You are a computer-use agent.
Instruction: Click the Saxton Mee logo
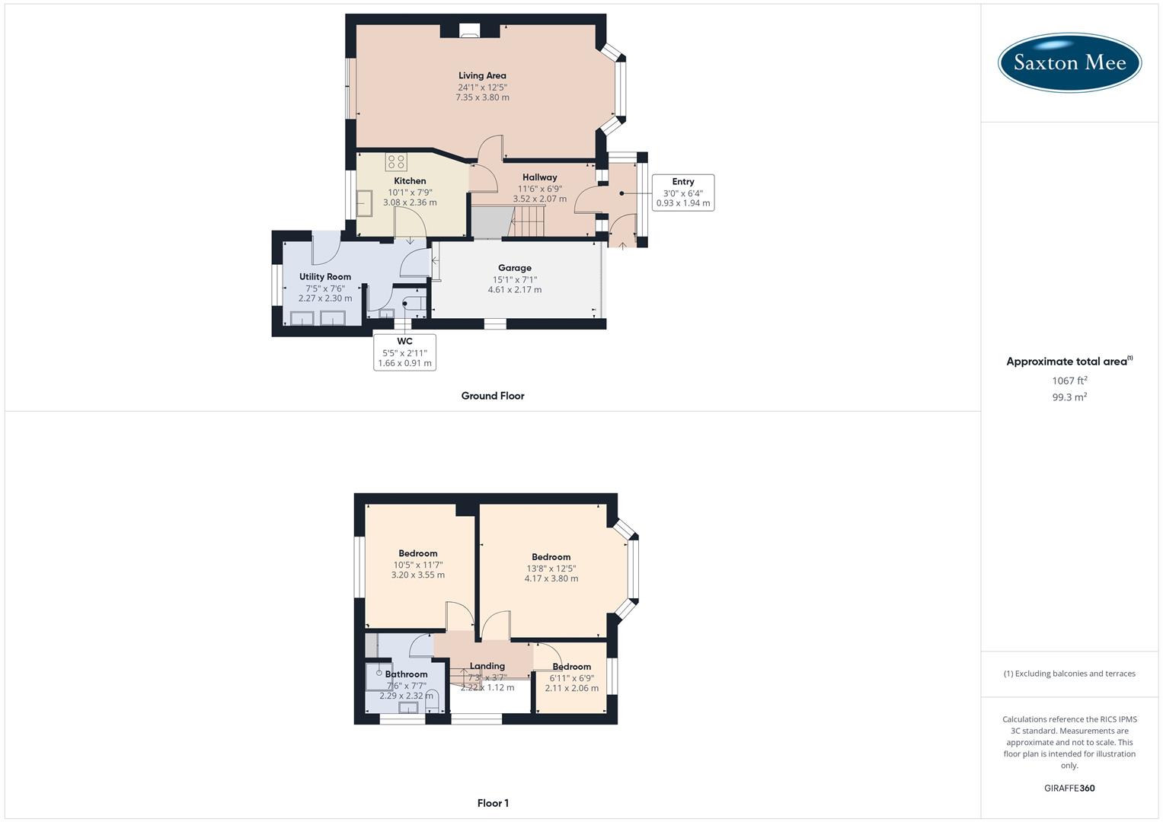[x=1069, y=62]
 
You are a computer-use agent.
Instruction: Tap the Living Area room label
[x=482, y=75]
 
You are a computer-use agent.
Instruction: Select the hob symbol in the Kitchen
[x=396, y=161]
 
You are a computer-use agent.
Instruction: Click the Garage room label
[x=515, y=268]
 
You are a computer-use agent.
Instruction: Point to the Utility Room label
[x=325, y=277]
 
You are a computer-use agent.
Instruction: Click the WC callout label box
[x=404, y=352]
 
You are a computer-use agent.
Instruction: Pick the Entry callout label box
[x=683, y=193]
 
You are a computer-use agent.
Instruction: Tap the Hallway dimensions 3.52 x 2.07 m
[x=540, y=199]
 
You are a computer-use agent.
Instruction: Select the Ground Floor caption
[x=493, y=396]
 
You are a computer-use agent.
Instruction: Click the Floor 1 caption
[x=493, y=803]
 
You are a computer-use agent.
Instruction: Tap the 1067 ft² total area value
[x=1069, y=381]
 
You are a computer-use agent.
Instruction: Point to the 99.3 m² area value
[x=1069, y=397]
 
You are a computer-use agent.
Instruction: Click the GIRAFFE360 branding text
[x=1069, y=789]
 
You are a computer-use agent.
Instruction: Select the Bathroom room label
[x=406, y=674]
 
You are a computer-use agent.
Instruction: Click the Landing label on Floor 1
[x=487, y=666]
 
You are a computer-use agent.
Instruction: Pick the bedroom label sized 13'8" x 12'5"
[x=551, y=557]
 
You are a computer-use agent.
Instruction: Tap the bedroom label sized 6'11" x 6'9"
[x=572, y=667]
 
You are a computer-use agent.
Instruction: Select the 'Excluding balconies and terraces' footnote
[x=1069, y=674]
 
